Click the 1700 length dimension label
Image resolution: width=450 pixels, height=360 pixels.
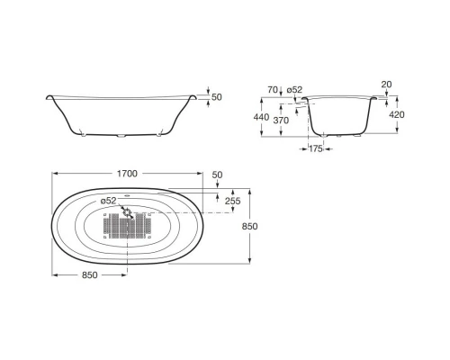[x=127, y=174]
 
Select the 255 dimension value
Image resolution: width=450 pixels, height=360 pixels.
[x=233, y=201]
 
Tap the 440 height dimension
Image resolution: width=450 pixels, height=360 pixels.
[x=261, y=117]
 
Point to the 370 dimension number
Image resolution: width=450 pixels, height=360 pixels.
[x=281, y=121]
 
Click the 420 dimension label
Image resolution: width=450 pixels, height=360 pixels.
[x=397, y=114]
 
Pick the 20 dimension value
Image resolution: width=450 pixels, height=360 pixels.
[x=386, y=85]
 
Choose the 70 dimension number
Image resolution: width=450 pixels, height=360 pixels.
[x=273, y=89]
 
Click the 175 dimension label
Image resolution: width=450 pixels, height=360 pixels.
[x=316, y=148]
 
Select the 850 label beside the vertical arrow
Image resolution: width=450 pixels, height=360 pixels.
[x=249, y=226]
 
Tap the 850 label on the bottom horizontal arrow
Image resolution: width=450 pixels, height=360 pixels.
[x=90, y=274]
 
